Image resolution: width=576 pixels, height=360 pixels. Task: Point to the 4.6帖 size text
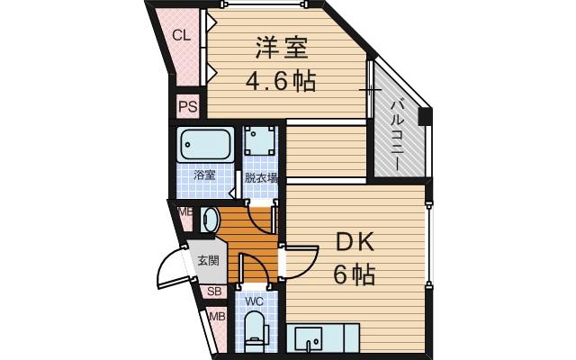coord(281,82)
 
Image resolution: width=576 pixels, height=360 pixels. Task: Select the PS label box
coord(187,106)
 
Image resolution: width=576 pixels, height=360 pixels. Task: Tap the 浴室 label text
coord(205,176)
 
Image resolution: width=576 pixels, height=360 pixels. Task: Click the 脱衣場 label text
coord(261,177)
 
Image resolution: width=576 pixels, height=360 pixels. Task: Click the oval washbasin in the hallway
coord(209,220)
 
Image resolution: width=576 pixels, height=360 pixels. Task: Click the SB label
coord(214,292)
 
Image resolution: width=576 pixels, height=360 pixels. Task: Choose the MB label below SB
coord(216,317)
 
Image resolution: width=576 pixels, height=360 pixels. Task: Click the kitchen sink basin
coord(314,339)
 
